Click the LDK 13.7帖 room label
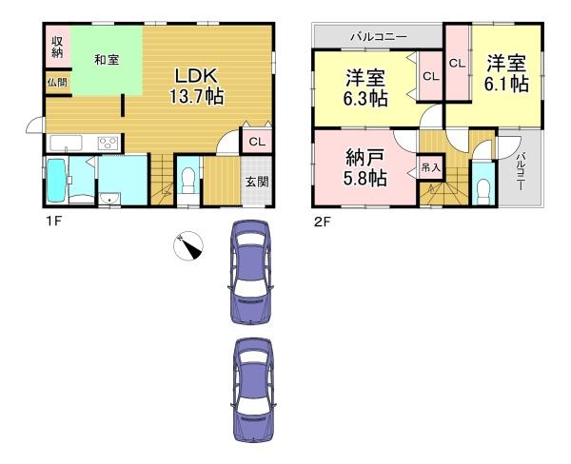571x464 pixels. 197,87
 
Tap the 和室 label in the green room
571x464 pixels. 107,60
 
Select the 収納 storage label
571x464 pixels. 57,47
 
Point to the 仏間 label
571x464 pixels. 57,83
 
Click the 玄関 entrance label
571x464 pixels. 256,182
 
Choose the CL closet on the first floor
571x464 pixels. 257,142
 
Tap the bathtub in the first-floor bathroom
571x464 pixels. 56,181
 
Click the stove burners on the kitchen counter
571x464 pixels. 108,143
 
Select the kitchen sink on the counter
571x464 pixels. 66,143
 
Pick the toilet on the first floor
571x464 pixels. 188,182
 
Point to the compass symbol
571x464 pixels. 187,246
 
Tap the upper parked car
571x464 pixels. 250,272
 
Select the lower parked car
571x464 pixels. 253,390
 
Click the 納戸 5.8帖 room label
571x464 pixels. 364,168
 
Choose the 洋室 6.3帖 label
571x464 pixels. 365,87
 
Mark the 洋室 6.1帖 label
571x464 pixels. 506,73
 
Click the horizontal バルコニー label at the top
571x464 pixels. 379,37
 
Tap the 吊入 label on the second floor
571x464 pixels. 431,167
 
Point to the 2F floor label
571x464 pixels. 322,222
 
